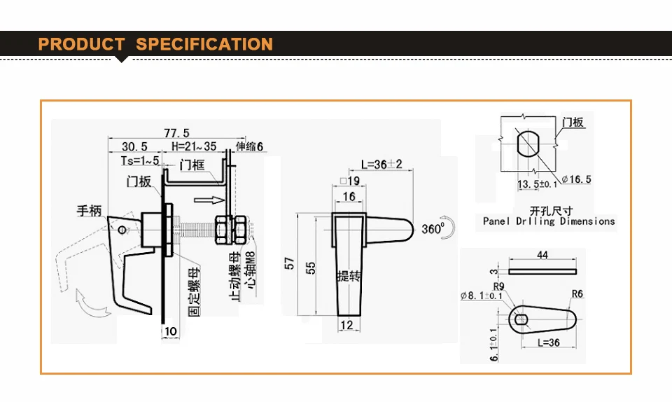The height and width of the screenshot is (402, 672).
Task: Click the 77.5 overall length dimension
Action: tap(176, 133)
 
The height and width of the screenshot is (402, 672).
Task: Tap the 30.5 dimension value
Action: tap(134, 146)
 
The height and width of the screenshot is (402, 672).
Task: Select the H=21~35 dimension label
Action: tap(194, 146)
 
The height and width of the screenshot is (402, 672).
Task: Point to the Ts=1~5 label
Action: tap(140, 160)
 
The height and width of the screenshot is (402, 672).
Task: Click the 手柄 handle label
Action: tap(89, 211)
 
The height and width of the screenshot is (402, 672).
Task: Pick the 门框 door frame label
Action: tap(192, 165)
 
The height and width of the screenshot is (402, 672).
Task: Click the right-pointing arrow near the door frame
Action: tap(209, 200)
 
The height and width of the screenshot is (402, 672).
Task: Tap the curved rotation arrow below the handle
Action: tap(92, 303)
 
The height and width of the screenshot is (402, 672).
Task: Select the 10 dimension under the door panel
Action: tap(171, 331)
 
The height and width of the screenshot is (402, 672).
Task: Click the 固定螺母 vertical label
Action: tap(194, 292)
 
